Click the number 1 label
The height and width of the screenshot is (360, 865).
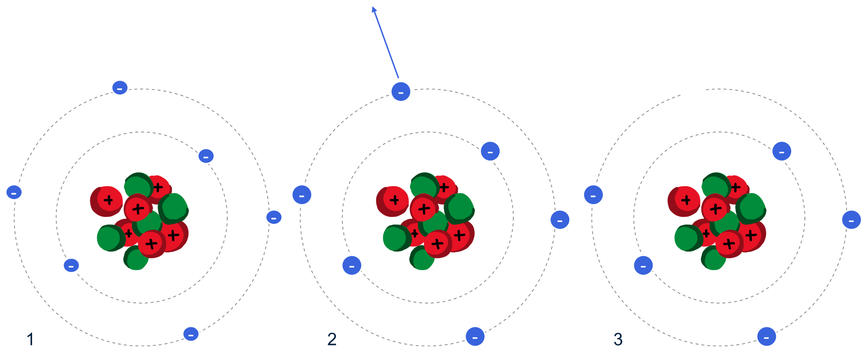pos(30,339)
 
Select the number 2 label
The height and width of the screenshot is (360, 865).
pos(332,339)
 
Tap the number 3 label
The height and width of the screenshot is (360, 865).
pos(618,339)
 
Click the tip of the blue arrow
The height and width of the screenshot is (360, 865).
pos(373,8)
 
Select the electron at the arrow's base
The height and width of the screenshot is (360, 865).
pos(401,92)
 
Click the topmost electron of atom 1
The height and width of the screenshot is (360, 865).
pos(120,88)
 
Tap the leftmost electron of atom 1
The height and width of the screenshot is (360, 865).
pos(14,192)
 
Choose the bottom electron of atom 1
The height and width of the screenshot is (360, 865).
pos(191,334)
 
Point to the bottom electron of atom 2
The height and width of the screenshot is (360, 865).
pos(475,337)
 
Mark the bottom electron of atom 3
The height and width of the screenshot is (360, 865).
pos(766,337)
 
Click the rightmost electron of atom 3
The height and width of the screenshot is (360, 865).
pos(851,220)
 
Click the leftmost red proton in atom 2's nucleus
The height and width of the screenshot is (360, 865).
pos(393,201)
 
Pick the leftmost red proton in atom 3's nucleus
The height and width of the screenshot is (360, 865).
pos(684,201)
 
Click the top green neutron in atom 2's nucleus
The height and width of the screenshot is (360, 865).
pos(424,185)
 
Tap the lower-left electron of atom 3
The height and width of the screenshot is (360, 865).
pos(643,266)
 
